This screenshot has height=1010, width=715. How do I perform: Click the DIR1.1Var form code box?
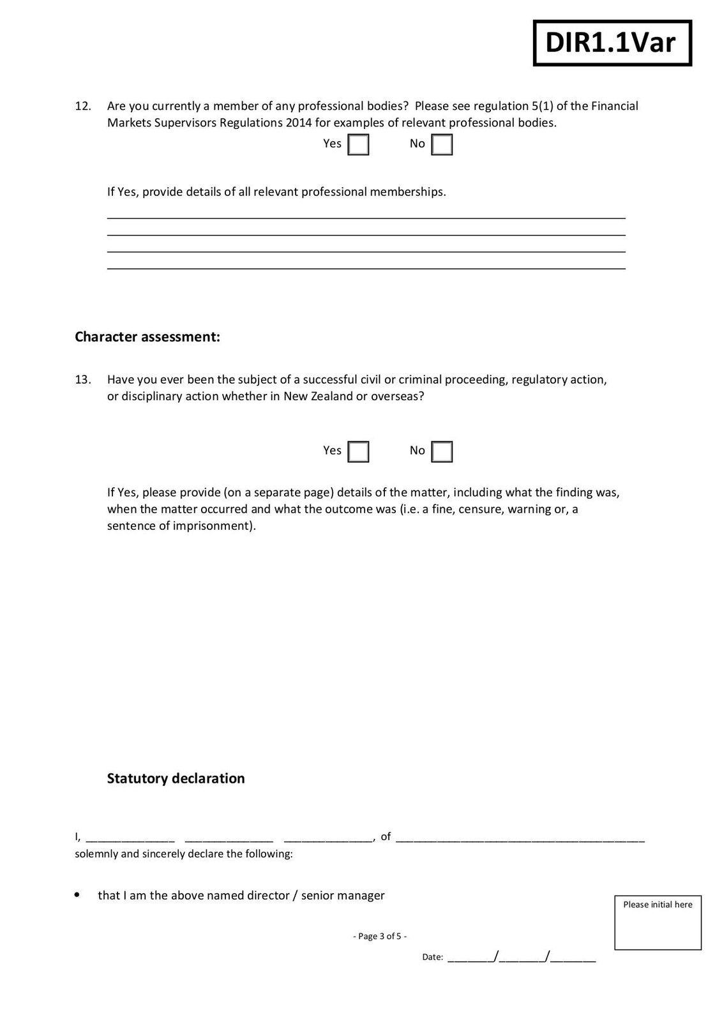pyautogui.click(x=612, y=43)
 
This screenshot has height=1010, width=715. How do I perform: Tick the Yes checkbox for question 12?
pyautogui.click(x=358, y=144)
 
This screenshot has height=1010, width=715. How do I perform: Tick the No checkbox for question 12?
pyautogui.click(x=442, y=144)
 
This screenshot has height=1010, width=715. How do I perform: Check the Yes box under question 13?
pyautogui.click(x=358, y=451)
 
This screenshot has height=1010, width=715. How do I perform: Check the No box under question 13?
pyautogui.click(x=442, y=451)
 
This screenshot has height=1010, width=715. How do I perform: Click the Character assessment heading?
pyautogui.click(x=147, y=336)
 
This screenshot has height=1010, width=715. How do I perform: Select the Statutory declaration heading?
pyautogui.click(x=176, y=778)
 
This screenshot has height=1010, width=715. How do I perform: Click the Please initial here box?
pyautogui.click(x=658, y=923)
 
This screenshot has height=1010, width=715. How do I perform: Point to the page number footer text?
pyautogui.click(x=380, y=937)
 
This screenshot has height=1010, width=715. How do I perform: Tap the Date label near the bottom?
pyautogui.click(x=432, y=957)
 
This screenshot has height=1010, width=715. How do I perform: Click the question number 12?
pyautogui.click(x=83, y=106)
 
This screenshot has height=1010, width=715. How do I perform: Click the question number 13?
pyautogui.click(x=83, y=380)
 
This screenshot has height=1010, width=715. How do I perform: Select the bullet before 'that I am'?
pyautogui.click(x=78, y=895)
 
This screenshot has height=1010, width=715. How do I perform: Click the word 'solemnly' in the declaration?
pyautogui.click(x=96, y=854)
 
